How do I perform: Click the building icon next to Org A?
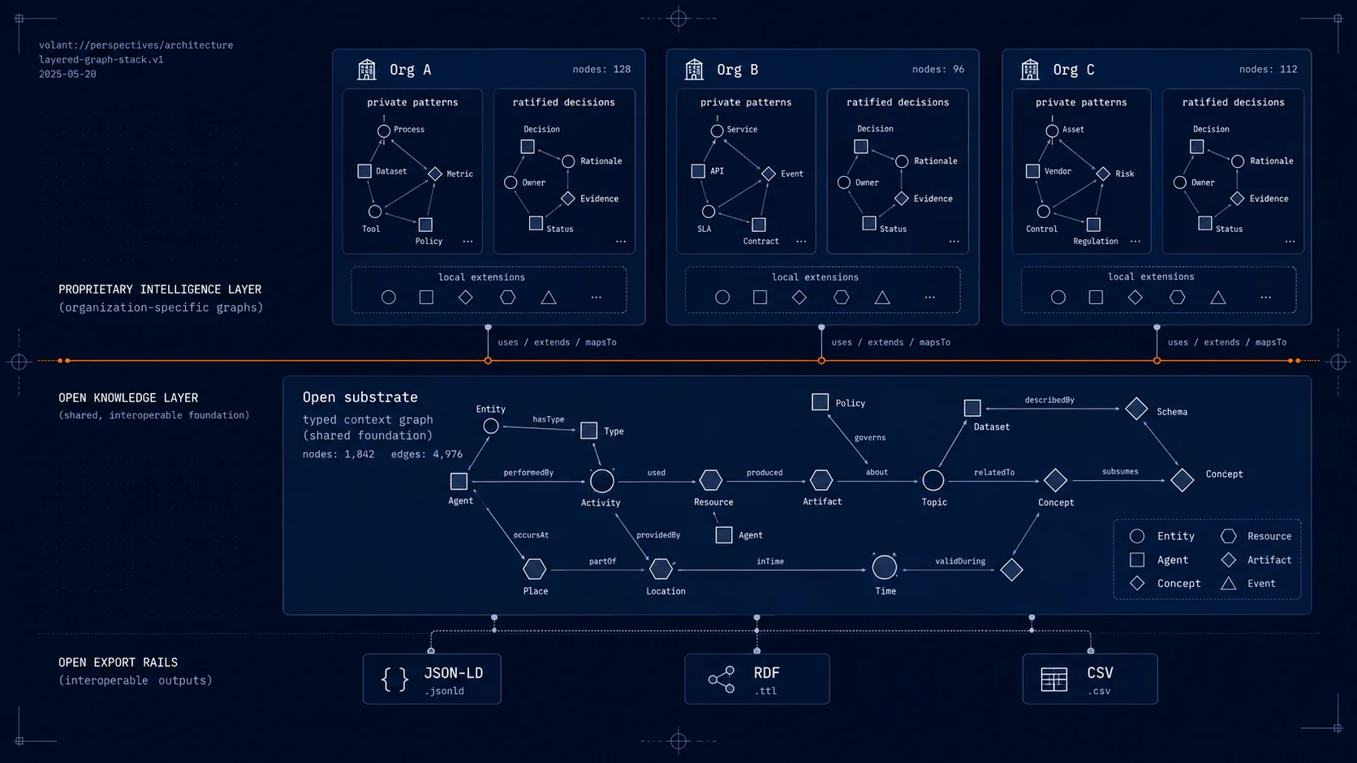[x=367, y=70]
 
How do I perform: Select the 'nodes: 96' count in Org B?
[x=937, y=70]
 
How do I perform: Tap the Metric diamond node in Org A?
[x=435, y=174]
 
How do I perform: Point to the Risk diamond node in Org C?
[x=1103, y=174]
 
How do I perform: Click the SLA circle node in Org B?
[x=709, y=211]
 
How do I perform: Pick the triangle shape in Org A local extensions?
[x=549, y=297]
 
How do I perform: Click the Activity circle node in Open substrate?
[x=601, y=481]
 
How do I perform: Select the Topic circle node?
[x=933, y=481]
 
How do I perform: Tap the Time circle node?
[x=884, y=568]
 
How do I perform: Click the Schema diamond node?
[x=1136, y=409]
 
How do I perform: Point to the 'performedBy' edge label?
[x=528, y=473]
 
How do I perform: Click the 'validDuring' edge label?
[x=959, y=562]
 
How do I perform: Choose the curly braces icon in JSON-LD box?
[x=394, y=679]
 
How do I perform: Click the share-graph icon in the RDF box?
[x=722, y=679]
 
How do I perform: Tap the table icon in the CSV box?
[x=1054, y=679]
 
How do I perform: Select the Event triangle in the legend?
[x=1228, y=583]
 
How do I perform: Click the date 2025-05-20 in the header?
[x=67, y=75]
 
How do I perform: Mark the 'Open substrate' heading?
[x=360, y=397]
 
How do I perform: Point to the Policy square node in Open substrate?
[x=820, y=401]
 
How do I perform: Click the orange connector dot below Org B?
[x=821, y=361]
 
